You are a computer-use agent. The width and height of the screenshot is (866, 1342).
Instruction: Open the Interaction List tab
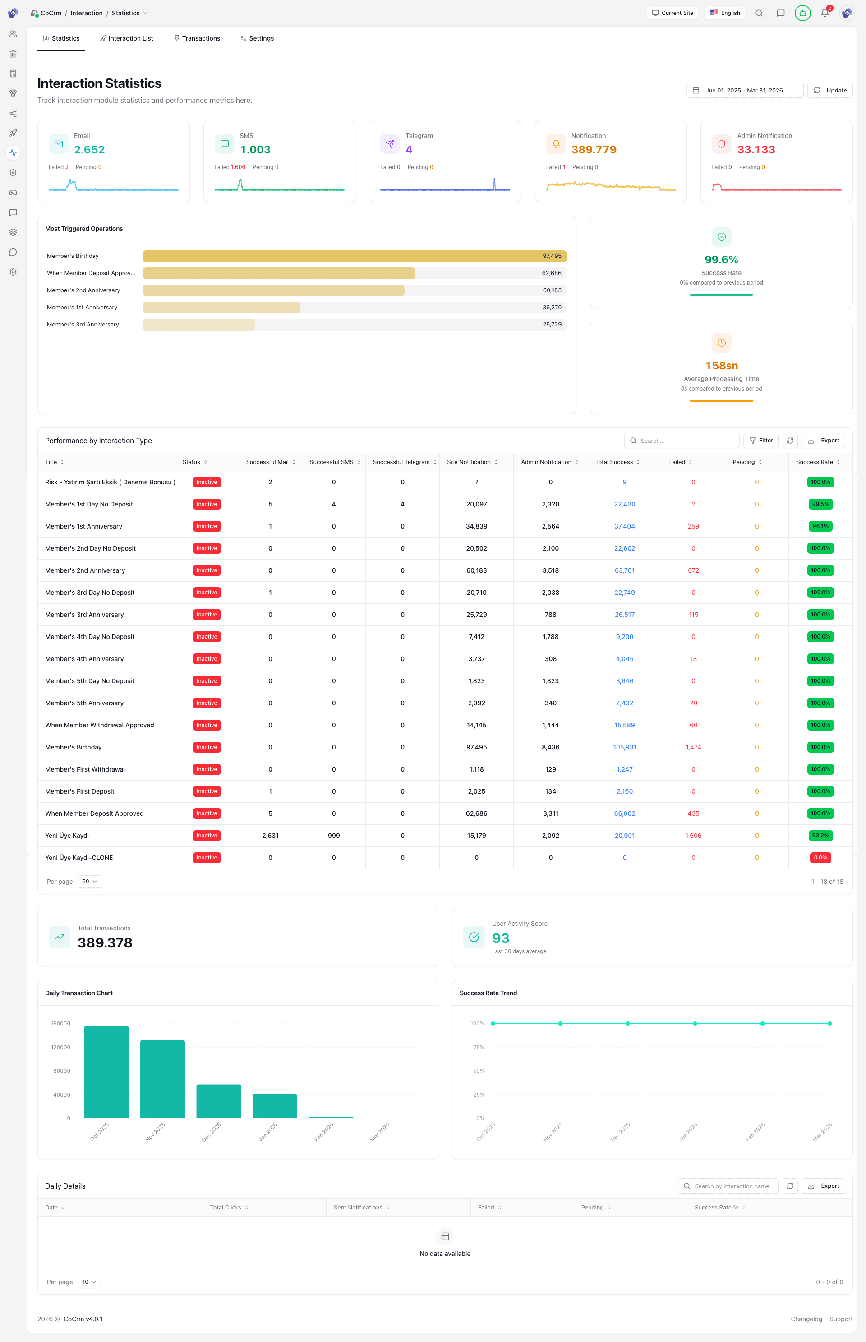(x=127, y=38)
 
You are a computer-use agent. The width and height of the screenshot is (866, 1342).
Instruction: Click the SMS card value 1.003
(x=255, y=150)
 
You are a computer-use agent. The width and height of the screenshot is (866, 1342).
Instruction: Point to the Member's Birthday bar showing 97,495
(x=354, y=256)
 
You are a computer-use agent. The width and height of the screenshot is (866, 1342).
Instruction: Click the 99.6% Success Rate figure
(x=721, y=260)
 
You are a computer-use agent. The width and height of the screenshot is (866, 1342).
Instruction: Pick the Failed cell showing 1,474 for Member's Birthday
(x=693, y=747)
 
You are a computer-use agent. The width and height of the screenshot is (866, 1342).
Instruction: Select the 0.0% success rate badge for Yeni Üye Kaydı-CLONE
(x=820, y=858)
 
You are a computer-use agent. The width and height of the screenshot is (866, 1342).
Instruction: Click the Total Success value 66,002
(x=624, y=813)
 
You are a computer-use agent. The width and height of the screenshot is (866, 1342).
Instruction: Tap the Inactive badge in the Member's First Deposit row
(x=207, y=791)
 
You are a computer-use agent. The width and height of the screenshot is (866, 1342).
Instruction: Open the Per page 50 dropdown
(x=89, y=882)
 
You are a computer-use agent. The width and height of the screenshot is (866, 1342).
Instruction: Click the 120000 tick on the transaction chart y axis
(x=61, y=1048)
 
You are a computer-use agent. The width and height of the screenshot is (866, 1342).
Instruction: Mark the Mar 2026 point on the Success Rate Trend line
(x=829, y=1024)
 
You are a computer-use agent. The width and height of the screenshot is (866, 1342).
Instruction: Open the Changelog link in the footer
(x=806, y=1319)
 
